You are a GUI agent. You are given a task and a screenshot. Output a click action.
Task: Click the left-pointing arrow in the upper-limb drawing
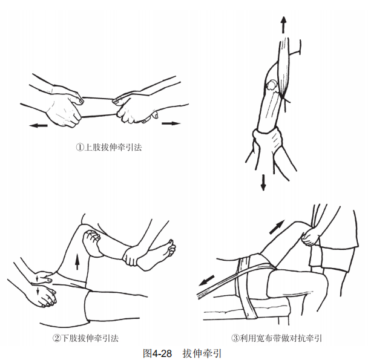pos(39,126)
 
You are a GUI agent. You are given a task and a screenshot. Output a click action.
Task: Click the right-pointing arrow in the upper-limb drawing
pos(171,123)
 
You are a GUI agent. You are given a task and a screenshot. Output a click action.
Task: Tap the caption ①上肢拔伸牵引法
pos(109,148)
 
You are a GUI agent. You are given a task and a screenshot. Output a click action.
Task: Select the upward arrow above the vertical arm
pos(283,25)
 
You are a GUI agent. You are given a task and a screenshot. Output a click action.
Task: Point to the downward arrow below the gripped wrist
pos(263,182)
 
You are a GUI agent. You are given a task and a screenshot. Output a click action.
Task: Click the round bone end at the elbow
pos(272,85)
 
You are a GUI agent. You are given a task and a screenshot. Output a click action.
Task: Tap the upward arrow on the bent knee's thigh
pos(77,261)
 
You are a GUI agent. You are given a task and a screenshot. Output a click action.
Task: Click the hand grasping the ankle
pos(131,255)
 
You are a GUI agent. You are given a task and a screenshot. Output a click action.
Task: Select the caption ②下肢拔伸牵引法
pos(85,338)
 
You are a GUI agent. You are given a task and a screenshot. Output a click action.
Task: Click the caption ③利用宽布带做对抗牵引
pos(276,338)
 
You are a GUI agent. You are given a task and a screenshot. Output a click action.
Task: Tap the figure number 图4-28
pos(157,353)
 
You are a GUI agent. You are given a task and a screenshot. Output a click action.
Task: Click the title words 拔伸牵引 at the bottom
pos(202,353)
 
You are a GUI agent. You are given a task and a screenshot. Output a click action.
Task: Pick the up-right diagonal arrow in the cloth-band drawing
pos(277,227)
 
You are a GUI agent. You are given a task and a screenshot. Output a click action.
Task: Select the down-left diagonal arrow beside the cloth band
pos(206,281)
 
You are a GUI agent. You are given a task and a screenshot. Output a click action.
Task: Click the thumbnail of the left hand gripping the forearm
pos(81,101)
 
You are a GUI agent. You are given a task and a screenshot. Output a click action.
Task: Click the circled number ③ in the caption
pos(235,338)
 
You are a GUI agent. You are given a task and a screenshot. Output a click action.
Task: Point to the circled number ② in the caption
pos(56,338)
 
